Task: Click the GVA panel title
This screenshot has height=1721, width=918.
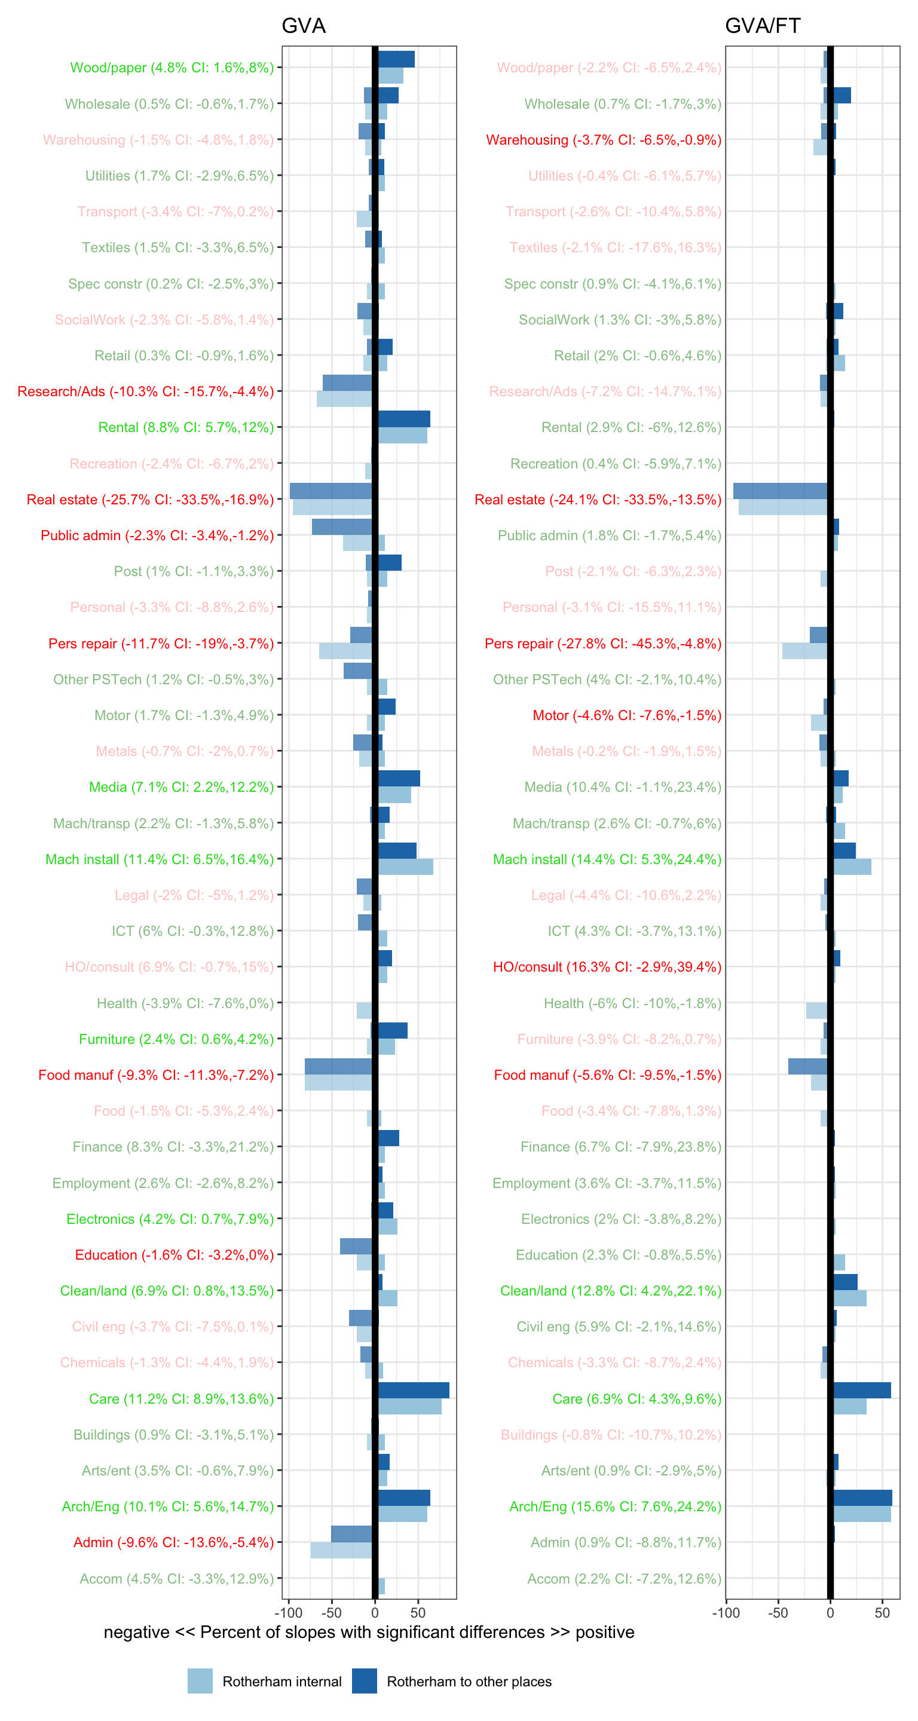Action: [304, 25]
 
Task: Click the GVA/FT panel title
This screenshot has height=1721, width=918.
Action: [763, 25]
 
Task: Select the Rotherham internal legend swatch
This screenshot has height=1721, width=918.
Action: [200, 1680]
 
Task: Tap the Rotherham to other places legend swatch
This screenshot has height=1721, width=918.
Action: [364, 1680]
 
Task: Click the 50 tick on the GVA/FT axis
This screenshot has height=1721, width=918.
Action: [882, 1612]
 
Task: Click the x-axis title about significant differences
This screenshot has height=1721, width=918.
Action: [369, 1632]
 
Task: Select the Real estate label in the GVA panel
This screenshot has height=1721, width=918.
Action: [151, 500]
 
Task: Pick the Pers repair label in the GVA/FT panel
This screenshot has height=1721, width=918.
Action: [602, 644]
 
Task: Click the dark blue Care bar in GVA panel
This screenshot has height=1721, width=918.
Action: [413, 1391]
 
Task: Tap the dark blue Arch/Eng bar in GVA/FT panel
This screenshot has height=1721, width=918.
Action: [862, 1498]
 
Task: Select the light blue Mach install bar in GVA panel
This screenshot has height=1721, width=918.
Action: [405, 867]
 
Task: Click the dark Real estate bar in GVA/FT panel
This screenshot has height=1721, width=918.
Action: [780, 491]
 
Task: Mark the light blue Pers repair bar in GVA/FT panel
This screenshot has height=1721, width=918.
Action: [804, 651]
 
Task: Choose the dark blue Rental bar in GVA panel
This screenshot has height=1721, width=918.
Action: [403, 419]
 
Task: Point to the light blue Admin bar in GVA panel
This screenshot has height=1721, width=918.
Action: [341, 1550]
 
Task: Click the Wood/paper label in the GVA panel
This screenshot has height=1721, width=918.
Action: [172, 68]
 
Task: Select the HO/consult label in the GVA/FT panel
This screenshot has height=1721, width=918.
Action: [607, 967]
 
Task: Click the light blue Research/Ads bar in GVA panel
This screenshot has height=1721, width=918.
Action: [344, 399]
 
